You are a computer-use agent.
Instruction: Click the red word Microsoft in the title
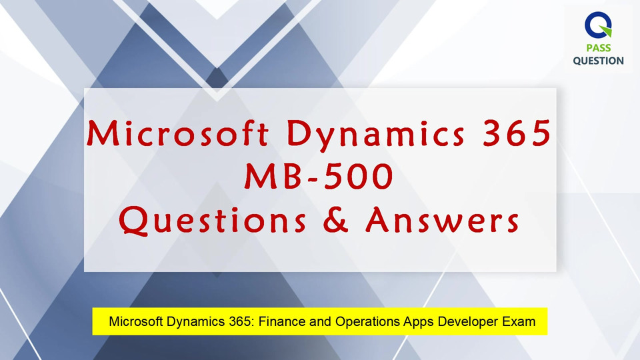pos(178,133)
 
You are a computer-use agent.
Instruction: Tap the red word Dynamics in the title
pos(376,135)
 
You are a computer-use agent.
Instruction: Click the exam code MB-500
pos(319,176)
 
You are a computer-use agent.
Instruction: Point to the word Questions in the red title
pos(212,221)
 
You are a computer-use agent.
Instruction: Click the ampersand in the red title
pos(335,219)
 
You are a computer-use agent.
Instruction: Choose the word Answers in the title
pos(442,219)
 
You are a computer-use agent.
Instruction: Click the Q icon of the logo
pos(598,25)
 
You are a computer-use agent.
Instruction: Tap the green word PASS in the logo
pos(599,48)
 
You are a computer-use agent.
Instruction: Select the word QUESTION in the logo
pos(599,61)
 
